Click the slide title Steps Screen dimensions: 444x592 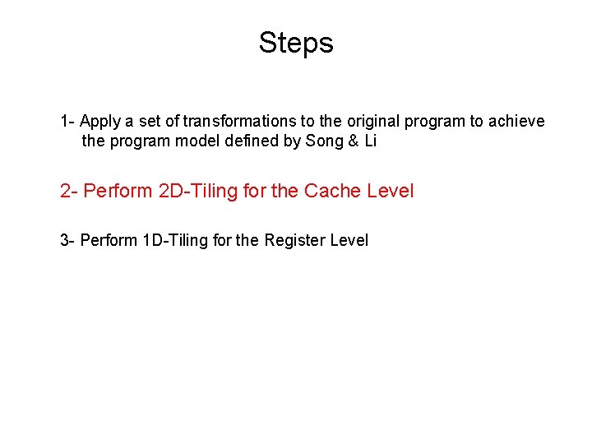[296, 43]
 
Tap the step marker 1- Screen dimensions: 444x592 [68, 122]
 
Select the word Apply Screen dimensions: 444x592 [101, 122]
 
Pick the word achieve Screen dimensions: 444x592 [516, 122]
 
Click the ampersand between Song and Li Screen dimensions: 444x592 [354, 141]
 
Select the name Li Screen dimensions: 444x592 [370, 141]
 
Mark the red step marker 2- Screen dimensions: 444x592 [69, 192]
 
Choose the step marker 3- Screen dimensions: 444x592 [67, 241]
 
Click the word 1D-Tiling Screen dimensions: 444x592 [179, 241]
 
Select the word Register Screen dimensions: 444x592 [294, 241]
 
